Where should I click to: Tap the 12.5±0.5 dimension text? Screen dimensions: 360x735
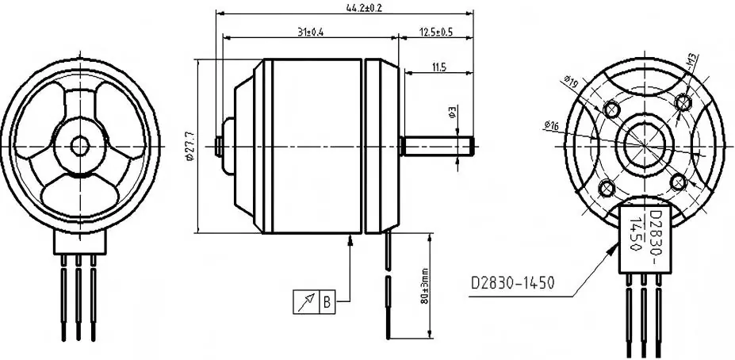click(x=436, y=32)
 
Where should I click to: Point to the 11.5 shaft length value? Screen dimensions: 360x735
click(x=439, y=68)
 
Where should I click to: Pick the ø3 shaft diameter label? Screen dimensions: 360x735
click(x=451, y=113)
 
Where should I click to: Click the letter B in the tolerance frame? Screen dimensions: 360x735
click(x=326, y=301)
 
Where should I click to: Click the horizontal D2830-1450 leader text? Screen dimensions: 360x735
click(x=512, y=282)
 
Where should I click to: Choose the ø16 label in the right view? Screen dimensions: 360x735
click(x=552, y=124)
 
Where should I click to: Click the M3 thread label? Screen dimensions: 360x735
click(x=691, y=60)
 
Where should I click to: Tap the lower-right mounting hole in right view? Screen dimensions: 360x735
click(x=678, y=182)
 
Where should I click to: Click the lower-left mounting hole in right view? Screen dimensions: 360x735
click(x=607, y=187)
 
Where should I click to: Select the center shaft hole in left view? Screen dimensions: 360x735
click(x=79, y=145)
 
